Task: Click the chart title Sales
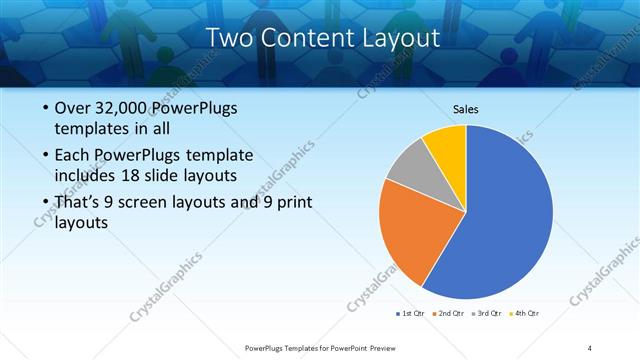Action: coord(466,108)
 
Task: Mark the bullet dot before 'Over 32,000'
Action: coord(46,108)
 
